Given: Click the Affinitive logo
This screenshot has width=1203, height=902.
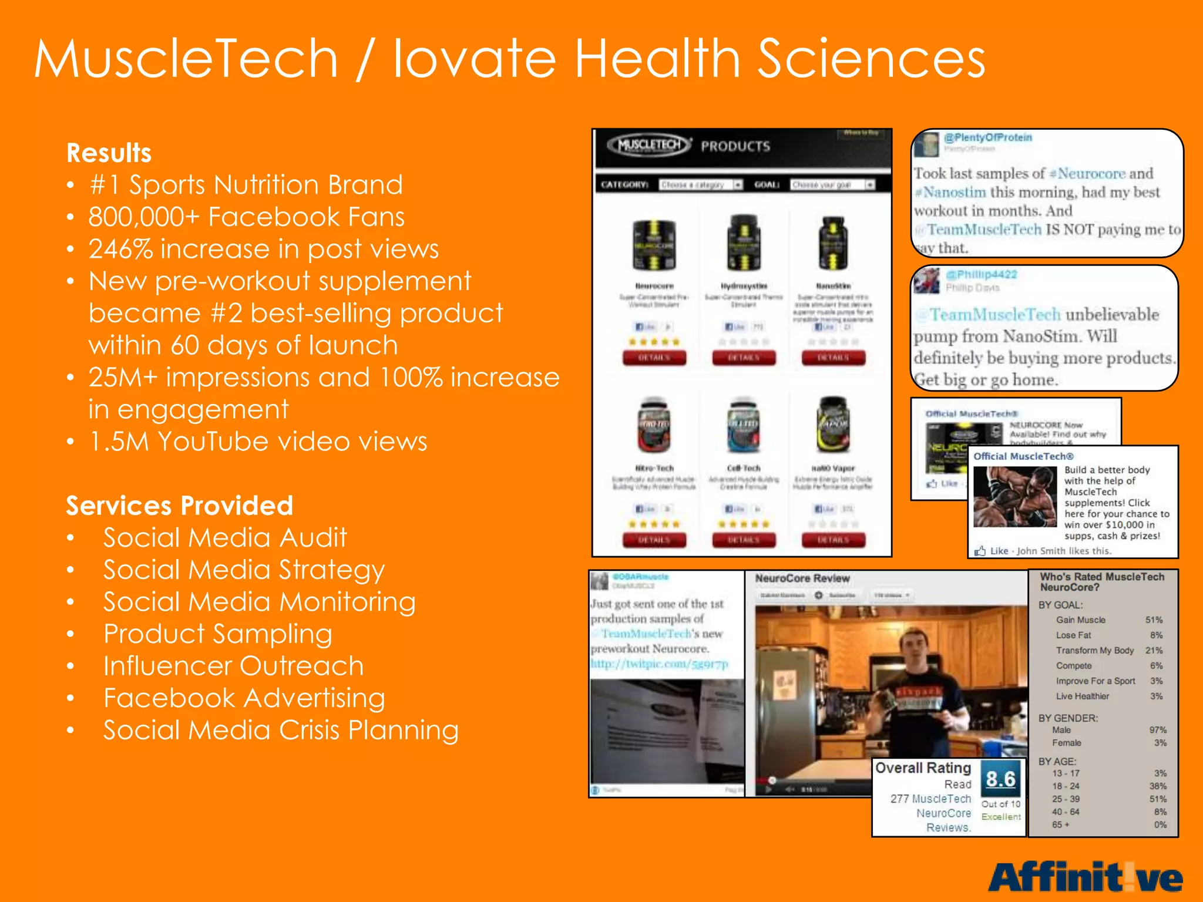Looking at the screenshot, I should (x=1085, y=877).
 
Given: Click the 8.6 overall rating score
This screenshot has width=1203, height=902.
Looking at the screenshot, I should (x=1000, y=779).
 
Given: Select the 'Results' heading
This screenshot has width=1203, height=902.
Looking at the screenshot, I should (x=109, y=153).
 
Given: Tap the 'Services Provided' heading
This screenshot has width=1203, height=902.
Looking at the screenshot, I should (x=179, y=506).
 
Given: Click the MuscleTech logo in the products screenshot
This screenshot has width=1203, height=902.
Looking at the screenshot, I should (x=649, y=145).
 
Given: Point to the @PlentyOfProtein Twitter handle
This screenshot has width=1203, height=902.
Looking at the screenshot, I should (x=987, y=137).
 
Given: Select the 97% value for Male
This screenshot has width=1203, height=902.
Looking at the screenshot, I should (x=1157, y=730).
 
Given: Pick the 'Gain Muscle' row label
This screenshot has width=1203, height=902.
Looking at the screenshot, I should (x=1080, y=620).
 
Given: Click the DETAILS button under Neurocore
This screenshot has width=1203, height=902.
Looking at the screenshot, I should (x=654, y=358).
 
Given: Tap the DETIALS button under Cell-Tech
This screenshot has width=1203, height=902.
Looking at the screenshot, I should (x=744, y=540).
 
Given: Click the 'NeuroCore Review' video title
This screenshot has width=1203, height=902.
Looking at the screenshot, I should (x=802, y=578).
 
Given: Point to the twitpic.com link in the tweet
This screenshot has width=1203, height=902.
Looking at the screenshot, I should (x=659, y=664).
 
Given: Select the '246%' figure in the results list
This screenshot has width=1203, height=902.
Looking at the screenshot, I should (x=121, y=249).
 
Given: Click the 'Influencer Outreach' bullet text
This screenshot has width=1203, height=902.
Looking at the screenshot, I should (x=233, y=666).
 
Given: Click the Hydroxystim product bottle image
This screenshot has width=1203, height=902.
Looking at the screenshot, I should (x=744, y=242).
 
